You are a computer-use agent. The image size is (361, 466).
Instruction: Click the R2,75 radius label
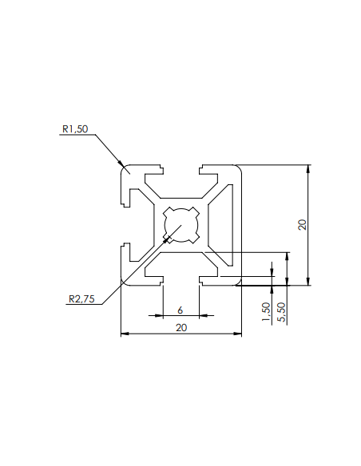click(x=81, y=300)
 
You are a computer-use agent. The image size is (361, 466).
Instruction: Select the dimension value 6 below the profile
click(x=180, y=310)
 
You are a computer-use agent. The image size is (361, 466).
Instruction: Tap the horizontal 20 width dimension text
click(x=181, y=328)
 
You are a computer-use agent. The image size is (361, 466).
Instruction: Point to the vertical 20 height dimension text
click(x=302, y=224)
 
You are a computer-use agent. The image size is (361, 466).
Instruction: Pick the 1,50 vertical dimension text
click(x=266, y=311)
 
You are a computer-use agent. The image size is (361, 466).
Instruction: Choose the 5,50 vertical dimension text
click(x=280, y=311)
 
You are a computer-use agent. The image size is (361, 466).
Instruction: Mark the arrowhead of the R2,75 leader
click(x=166, y=239)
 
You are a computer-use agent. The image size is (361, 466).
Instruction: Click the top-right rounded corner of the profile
click(x=238, y=169)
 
